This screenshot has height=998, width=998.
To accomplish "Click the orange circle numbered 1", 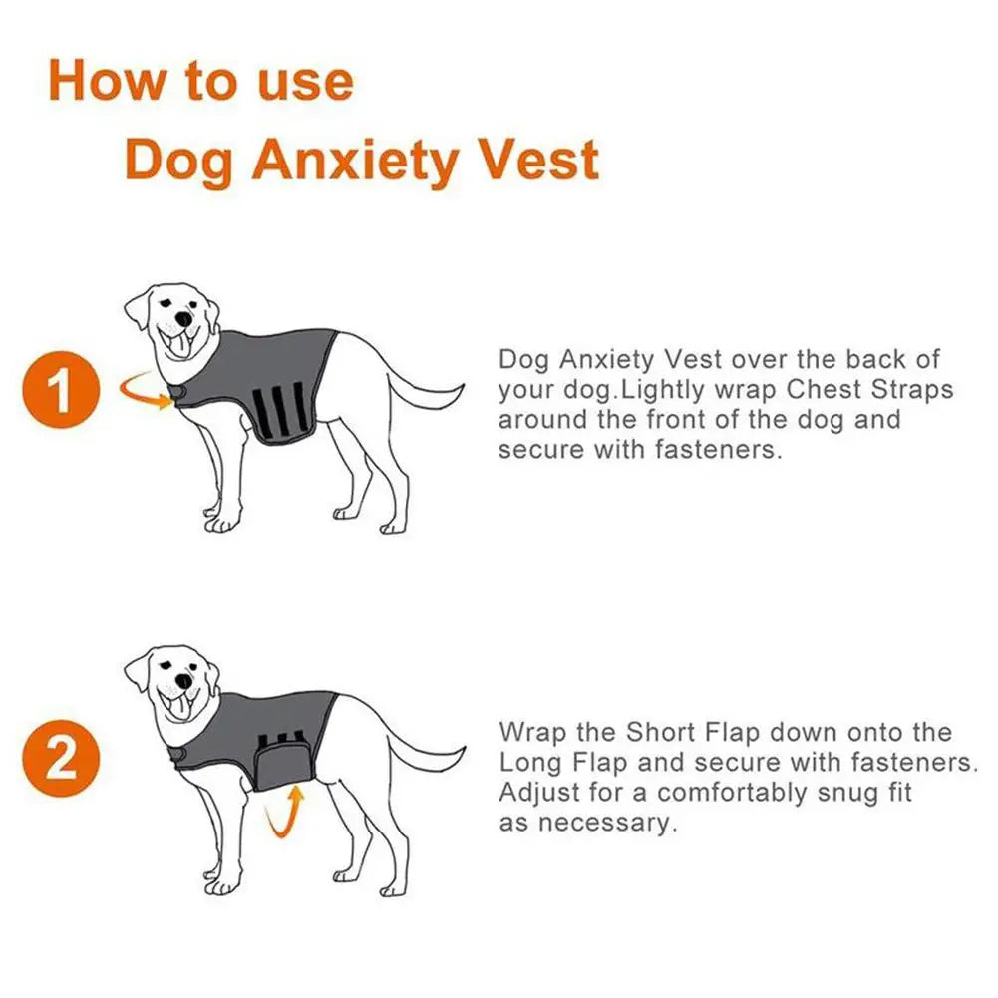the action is pyautogui.click(x=61, y=390).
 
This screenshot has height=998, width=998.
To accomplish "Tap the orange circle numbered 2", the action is pyautogui.click(x=61, y=758).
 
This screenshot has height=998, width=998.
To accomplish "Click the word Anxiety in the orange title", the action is pyautogui.click(x=355, y=161).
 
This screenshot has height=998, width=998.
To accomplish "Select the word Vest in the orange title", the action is pyautogui.click(x=537, y=160).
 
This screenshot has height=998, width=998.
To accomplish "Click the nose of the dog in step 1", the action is pyautogui.click(x=183, y=318).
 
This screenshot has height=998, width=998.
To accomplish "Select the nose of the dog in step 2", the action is pyautogui.click(x=183, y=681).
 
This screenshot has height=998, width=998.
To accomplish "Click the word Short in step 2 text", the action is pyautogui.click(x=661, y=732).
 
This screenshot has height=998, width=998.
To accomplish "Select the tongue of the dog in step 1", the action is pyautogui.click(x=180, y=347).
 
